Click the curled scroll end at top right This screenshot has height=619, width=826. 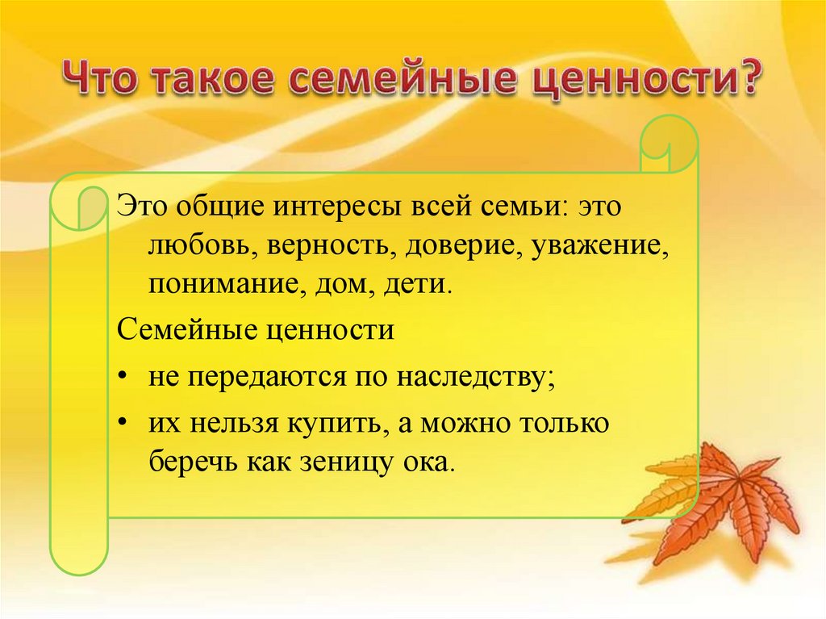pos(669,145)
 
